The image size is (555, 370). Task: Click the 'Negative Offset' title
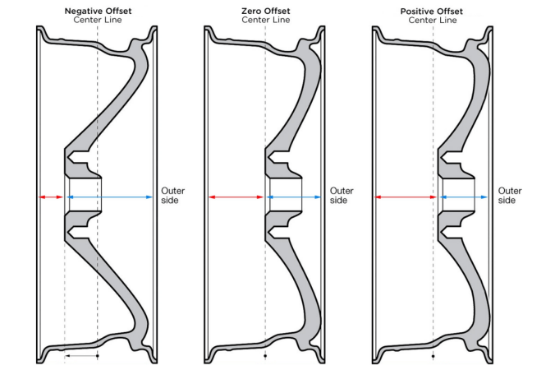click(x=98, y=10)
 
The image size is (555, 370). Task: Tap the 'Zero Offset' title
click(x=265, y=10)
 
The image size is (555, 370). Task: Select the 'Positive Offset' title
click(x=434, y=10)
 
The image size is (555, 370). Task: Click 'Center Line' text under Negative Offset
click(x=98, y=20)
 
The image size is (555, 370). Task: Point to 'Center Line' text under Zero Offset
click(x=265, y=20)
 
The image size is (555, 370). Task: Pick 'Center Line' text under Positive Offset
click(x=434, y=20)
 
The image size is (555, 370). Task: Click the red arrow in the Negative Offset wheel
click(x=50, y=197)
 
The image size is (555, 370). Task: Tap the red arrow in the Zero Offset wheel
click(x=237, y=197)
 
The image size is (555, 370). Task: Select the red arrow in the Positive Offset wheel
click(x=406, y=197)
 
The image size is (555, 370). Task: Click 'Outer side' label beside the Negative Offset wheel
click(x=172, y=195)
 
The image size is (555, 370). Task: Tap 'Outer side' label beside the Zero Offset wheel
click(x=342, y=195)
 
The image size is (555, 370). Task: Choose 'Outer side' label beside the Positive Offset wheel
click(x=510, y=195)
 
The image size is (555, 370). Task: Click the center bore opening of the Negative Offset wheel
click(x=84, y=192)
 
